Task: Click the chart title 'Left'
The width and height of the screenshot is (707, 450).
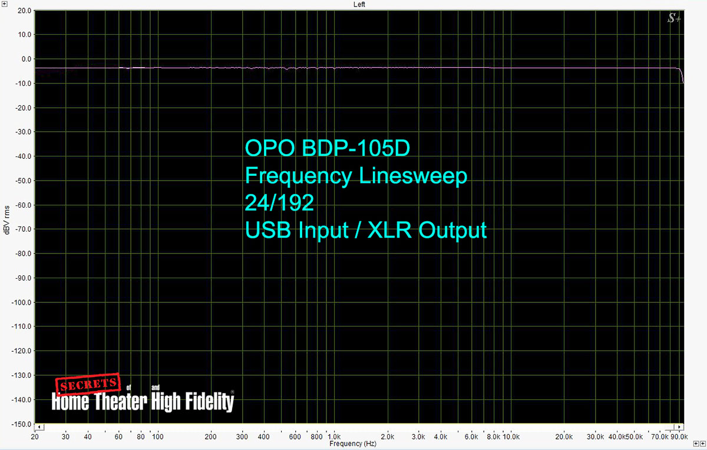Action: (x=359, y=5)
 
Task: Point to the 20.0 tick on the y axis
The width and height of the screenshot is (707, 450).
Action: (x=24, y=11)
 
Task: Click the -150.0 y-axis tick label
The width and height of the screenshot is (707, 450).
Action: (x=21, y=424)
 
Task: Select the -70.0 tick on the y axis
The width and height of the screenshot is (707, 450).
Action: (x=23, y=229)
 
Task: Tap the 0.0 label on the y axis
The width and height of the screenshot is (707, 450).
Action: (x=27, y=59)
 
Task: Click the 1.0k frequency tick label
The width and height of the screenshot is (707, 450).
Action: (x=334, y=436)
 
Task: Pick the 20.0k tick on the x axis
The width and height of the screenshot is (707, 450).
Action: (x=564, y=436)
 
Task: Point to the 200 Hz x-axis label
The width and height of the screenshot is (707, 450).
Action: (x=210, y=436)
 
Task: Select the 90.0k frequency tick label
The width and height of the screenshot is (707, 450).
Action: (x=679, y=436)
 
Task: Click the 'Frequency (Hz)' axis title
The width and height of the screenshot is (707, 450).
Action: (x=353, y=444)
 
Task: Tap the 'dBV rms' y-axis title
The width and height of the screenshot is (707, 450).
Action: (x=7, y=220)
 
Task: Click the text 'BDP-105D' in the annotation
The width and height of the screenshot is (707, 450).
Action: (x=356, y=148)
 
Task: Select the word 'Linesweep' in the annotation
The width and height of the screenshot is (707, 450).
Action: (x=413, y=176)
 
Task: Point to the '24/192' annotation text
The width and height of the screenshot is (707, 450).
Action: (x=279, y=202)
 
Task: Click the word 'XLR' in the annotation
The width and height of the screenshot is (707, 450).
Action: (x=390, y=230)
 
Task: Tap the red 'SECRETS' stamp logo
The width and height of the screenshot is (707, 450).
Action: (x=88, y=384)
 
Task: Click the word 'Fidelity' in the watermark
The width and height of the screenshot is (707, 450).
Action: (x=210, y=401)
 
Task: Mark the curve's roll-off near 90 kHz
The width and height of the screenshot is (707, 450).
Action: (x=682, y=75)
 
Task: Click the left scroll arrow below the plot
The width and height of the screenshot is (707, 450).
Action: (x=39, y=427)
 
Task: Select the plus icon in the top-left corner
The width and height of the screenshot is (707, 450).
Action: (x=5, y=4)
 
